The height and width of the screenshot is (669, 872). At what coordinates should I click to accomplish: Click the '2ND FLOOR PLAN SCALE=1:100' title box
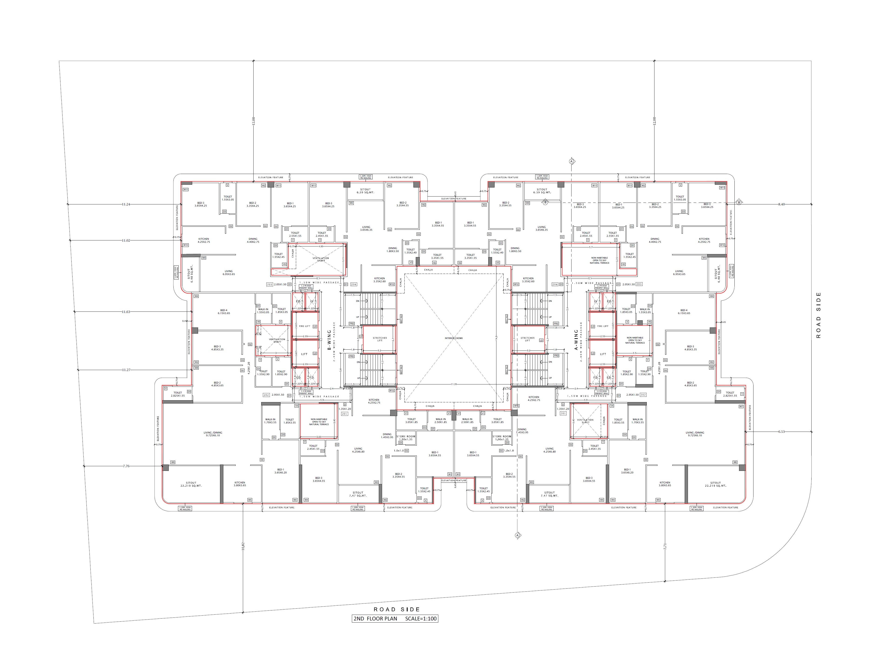point(395,618)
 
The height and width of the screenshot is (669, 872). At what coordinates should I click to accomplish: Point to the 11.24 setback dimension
point(126,204)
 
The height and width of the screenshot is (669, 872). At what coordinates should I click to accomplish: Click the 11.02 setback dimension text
point(126,240)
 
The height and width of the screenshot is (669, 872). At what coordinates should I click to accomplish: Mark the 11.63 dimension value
point(126,312)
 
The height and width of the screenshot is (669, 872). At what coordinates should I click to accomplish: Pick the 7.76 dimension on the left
point(126,466)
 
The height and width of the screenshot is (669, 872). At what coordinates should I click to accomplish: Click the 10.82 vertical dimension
point(243,546)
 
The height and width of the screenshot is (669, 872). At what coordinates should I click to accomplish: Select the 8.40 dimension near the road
point(781,204)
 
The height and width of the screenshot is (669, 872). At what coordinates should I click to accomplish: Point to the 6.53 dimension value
point(781,432)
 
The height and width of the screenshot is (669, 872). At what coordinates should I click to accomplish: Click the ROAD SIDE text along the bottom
point(396,609)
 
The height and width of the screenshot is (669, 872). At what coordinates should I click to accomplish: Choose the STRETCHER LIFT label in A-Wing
point(527,339)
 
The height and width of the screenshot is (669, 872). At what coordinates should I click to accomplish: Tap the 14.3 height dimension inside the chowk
point(496,338)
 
